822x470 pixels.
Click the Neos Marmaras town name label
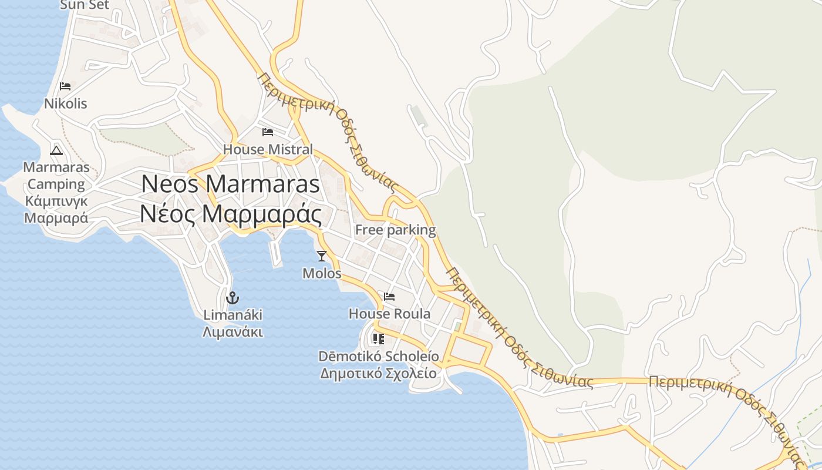pos(230,184)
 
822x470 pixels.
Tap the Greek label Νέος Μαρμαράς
pos(230,214)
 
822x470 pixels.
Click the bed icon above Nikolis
pos(65,86)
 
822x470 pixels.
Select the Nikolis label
pos(65,104)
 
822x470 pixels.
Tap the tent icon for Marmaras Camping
pos(56,150)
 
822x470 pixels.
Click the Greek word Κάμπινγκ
pos(56,201)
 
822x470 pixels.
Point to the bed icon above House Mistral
pos(268,132)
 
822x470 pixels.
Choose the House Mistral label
pos(268,149)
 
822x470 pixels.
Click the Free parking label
pos(395,230)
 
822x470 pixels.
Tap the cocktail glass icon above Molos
pos(321,256)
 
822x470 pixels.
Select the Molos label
pos(322,273)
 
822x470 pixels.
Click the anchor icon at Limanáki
pos(233,298)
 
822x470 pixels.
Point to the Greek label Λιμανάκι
pos(233,332)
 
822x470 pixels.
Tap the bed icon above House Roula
pos(389,296)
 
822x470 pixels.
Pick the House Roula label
pos(389,314)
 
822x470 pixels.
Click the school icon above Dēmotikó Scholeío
pos(378,339)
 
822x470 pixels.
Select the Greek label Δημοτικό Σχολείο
pos(378,373)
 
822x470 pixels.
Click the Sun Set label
pos(85,5)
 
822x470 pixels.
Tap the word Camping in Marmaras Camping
pos(56,184)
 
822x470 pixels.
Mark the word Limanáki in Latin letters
pos(233,315)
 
